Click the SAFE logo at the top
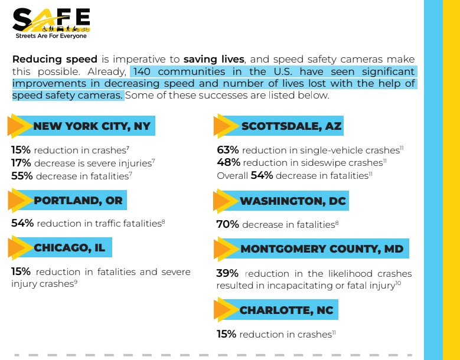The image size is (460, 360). point(51,20)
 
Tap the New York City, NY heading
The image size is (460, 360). point(92,126)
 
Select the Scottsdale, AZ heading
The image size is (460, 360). point(291,126)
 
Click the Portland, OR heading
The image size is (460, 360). point(78,200)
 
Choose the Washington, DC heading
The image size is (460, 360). point(292,201)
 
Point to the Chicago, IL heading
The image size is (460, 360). point(69,247)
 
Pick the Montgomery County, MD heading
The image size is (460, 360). point(321,248)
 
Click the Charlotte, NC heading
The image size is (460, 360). point(286,310)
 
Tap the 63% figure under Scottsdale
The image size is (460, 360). point(228,150)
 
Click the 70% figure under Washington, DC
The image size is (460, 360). point(228,224)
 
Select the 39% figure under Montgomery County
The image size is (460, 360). point(228,273)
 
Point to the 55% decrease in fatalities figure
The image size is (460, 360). point(21,175)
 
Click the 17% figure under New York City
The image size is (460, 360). point(21,162)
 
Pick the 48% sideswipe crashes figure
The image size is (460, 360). point(228,162)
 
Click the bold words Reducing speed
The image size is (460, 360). point(54,60)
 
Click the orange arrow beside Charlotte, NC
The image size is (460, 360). point(225,310)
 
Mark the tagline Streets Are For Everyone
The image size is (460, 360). point(51,36)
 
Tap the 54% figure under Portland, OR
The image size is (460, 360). point(22,223)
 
